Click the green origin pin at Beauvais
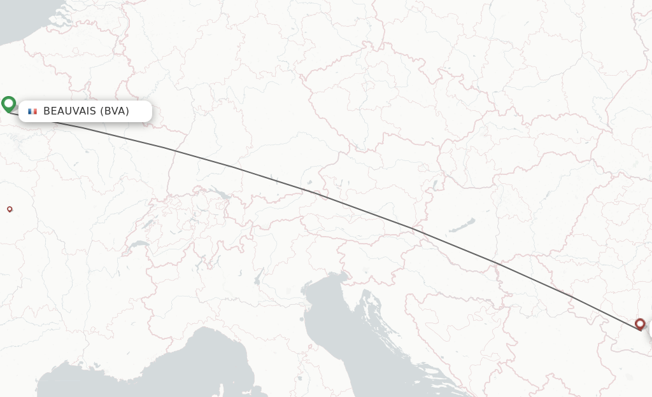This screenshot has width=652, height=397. click(x=8, y=104)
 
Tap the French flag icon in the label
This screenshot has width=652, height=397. click(x=32, y=111)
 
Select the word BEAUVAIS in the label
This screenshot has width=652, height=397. click(x=69, y=111)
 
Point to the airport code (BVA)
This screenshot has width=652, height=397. click(x=115, y=111)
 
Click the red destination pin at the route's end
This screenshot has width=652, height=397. click(x=640, y=324)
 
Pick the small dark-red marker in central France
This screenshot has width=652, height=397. click(x=10, y=209)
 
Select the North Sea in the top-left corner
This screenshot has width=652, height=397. click(x=25, y=19)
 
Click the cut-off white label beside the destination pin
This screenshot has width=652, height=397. click(x=649, y=330)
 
